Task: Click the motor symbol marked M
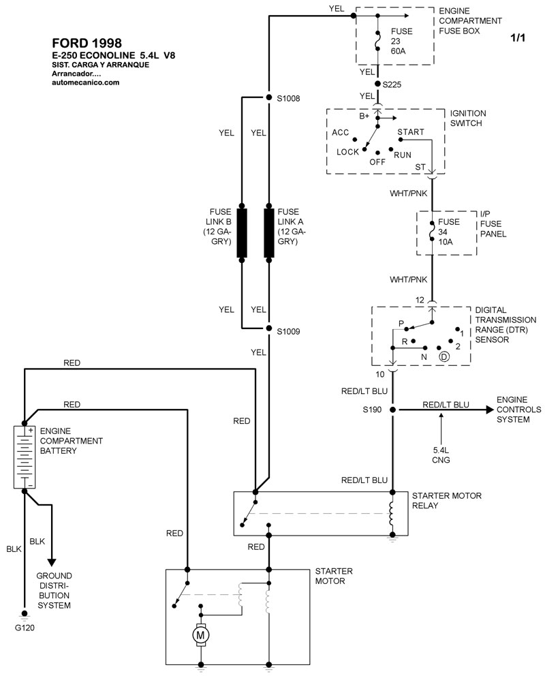point(201,635)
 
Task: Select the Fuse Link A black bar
point(270,232)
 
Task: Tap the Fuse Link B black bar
point(242,232)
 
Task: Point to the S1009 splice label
point(287,331)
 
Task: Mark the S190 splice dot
point(393,410)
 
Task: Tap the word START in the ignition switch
point(410,132)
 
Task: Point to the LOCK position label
point(347,152)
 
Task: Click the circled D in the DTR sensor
point(443,356)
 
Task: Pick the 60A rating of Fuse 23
point(399,50)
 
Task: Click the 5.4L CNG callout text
point(441,454)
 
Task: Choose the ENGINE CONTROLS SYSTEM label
point(518,410)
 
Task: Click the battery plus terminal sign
point(31,431)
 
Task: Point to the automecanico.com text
point(86,82)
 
